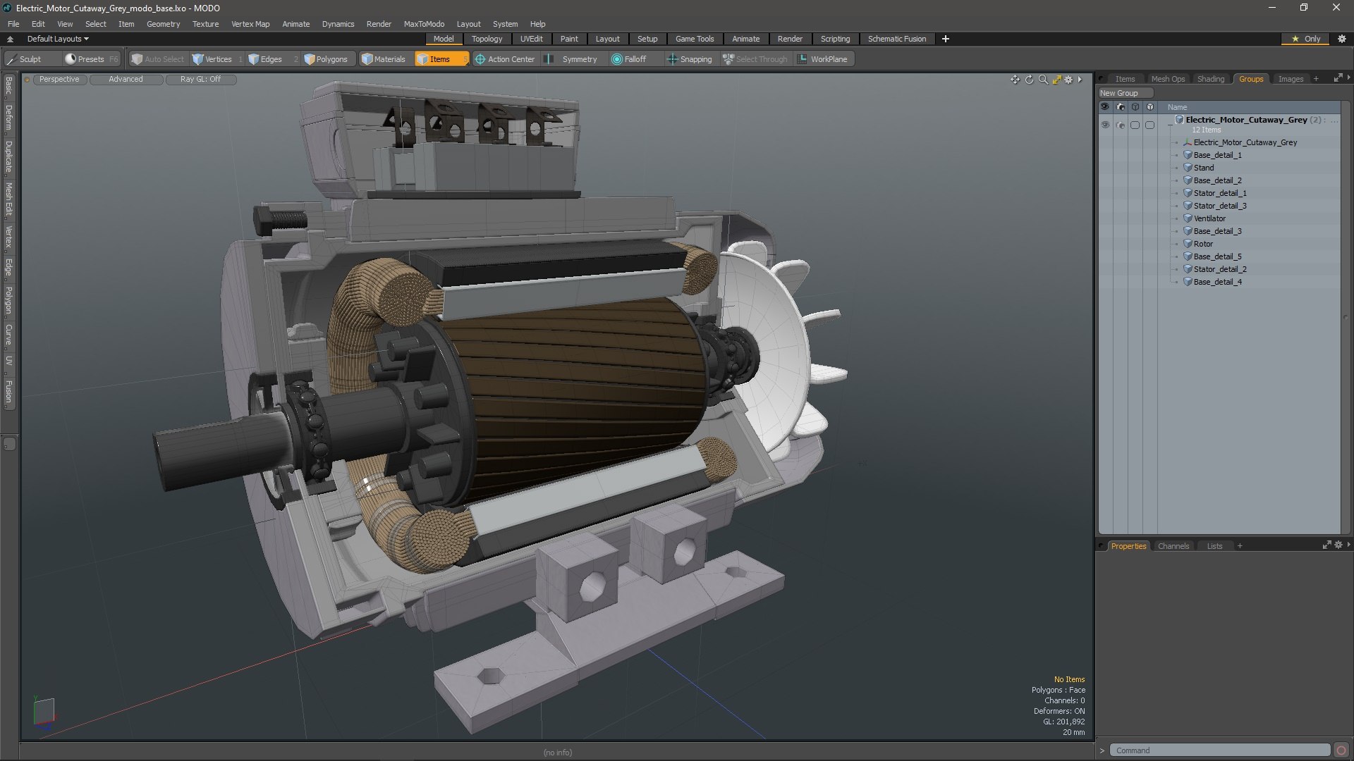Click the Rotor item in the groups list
coord(1203,244)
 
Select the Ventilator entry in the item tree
coord(1209,218)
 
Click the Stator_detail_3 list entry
coord(1219,206)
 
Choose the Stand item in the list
coord(1203,168)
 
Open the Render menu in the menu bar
coord(379,24)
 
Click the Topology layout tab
coord(487,39)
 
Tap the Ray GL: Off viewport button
coord(200,80)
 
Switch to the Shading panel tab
coord(1210,79)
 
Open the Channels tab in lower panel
coord(1173,546)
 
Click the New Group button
coord(1119,93)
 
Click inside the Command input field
coord(1219,750)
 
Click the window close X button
coord(1336,8)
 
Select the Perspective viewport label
coord(59,80)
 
